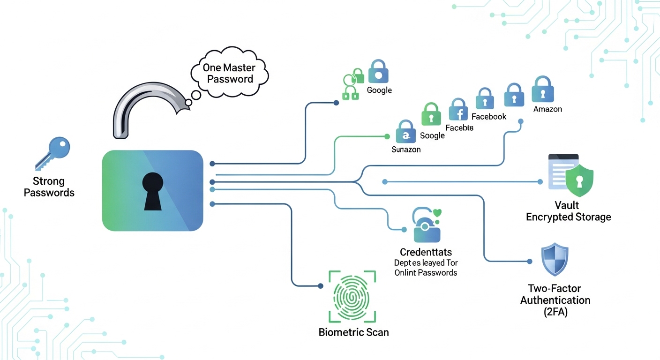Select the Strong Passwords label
pyautogui.click(x=49, y=187)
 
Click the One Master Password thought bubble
pyautogui.click(x=228, y=73)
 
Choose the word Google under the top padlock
pyautogui.click(x=379, y=90)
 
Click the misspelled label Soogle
pyautogui.click(x=432, y=135)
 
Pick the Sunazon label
pyautogui.click(x=406, y=150)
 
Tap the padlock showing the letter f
pyautogui.click(x=458, y=110)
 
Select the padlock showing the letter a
pyautogui.click(x=406, y=132)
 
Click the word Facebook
pyautogui.click(x=489, y=116)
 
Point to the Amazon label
pyautogui.click(x=547, y=109)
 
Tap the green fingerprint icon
pyautogui.click(x=352, y=296)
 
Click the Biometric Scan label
pyautogui.click(x=353, y=332)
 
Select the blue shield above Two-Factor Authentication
pyautogui.click(x=555, y=259)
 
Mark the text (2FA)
pyautogui.click(x=555, y=312)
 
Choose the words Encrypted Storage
pyautogui.click(x=568, y=217)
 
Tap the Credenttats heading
pyautogui.click(x=426, y=253)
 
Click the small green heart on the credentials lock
pyautogui.click(x=438, y=213)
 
